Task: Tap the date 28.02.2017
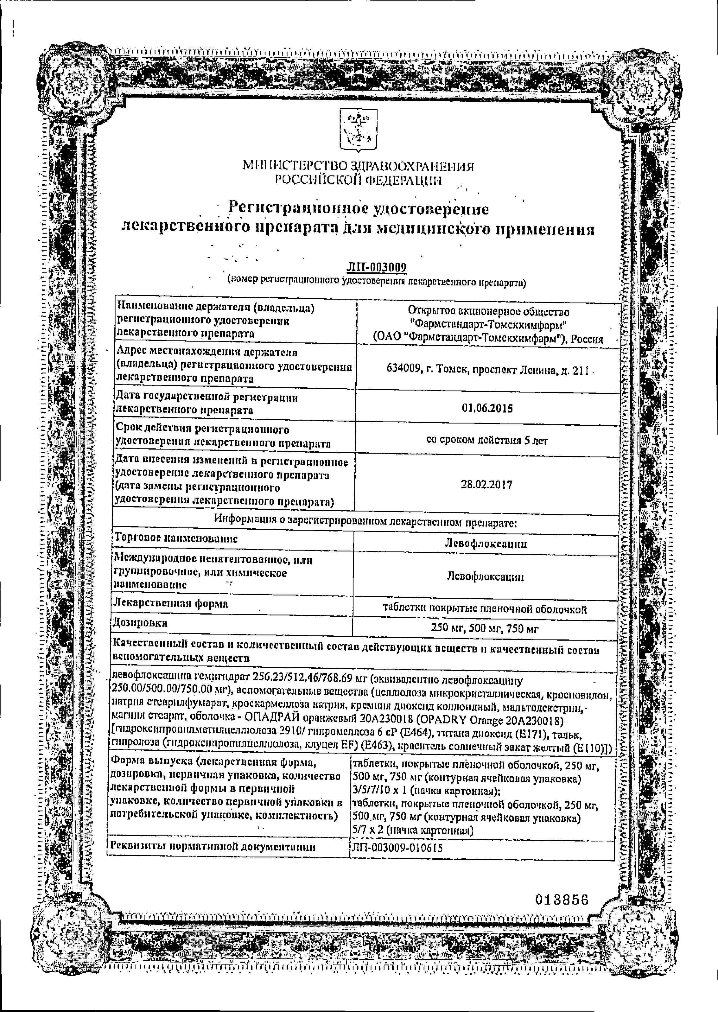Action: [x=486, y=485]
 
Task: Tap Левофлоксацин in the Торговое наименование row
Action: [x=486, y=544]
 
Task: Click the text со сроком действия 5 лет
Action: [x=487, y=441]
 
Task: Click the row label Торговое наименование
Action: [x=176, y=538]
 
